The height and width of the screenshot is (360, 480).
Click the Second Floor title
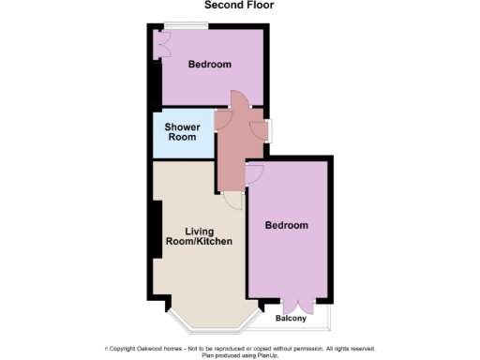(x=234, y=5)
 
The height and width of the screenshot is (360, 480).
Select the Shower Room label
(x=181, y=131)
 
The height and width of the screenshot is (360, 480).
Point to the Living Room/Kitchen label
(x=199, y=236)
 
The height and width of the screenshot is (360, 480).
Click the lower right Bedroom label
(x=286, y=225)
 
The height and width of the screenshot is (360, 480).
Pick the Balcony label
(x=291, y=319)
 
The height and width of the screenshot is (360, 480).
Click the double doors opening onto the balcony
(x=296, y=304)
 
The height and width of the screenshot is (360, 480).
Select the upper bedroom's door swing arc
(x=238, y=99)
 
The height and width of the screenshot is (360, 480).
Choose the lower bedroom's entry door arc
(x=255, y=172)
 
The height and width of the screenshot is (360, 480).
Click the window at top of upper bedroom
(x=177, y=24)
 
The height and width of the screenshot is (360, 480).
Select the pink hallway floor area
(x=234, y=150)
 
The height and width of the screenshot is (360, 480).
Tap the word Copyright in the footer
(x=124, y=348)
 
